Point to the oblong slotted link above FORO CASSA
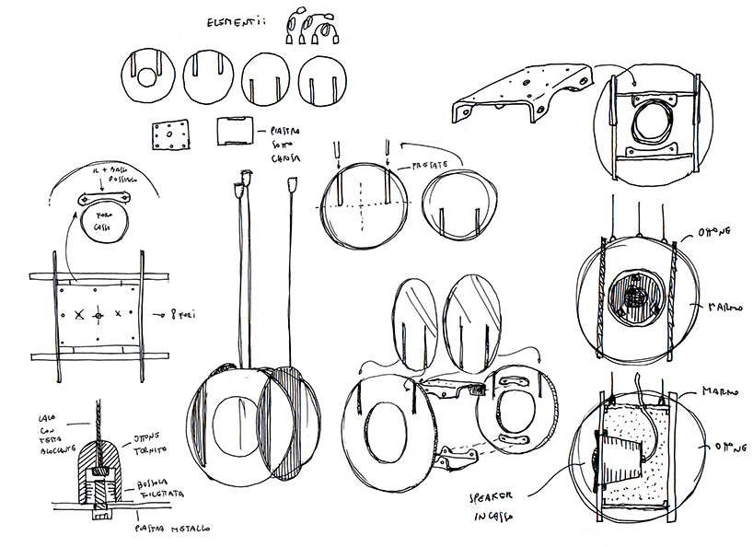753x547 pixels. tap(108, 200)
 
